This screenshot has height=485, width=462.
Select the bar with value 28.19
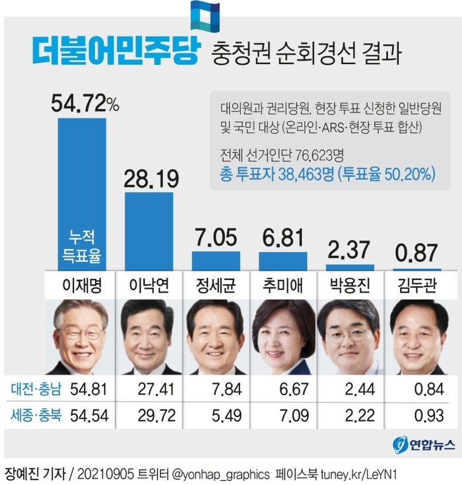click(x=148, y=231)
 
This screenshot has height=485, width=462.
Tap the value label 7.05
click(x=215, y=237)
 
